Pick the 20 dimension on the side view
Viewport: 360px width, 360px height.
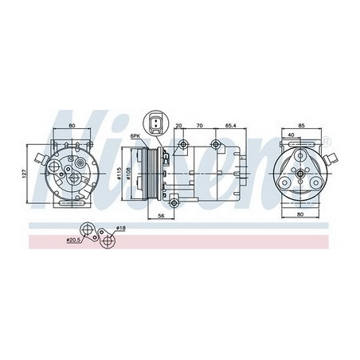pos(178,125)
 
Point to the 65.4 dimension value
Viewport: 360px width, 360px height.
pos(230,125)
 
